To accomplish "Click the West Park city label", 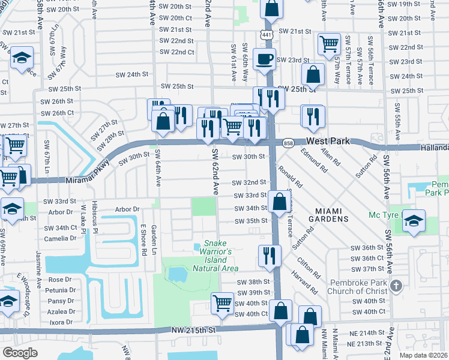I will pos(328,142).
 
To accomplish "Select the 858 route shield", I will pos(288,143).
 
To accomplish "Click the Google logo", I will pos(20,352).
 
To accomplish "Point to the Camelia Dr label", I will pos(61,238).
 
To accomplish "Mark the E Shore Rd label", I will pos(143,240).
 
